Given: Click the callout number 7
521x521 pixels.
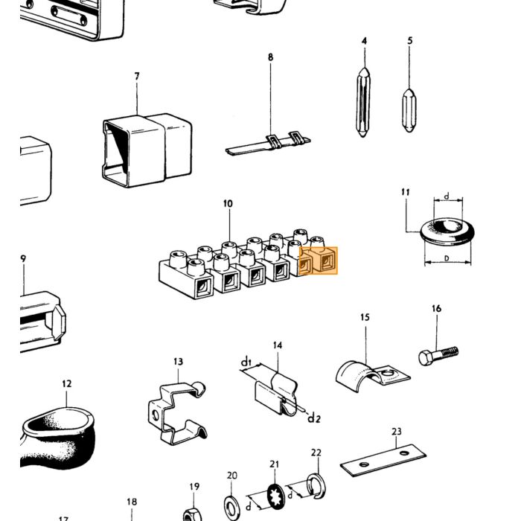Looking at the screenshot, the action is tap(137, 77).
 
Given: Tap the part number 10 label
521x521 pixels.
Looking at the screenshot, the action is tap(228, 204).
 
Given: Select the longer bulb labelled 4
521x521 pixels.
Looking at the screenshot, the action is tap(363, 102).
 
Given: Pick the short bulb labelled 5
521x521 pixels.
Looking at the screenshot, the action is tap(409, 110).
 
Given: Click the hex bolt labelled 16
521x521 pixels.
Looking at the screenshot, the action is tap(438, 355).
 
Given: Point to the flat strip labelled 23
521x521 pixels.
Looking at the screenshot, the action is tap(383, 460).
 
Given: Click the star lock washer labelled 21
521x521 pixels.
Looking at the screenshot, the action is tap(275, 496).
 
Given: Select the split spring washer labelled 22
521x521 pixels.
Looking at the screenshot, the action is tap(316, 487).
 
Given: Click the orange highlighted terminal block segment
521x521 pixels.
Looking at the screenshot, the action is tap(318, 260).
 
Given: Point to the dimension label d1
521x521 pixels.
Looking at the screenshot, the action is tap(246, 362).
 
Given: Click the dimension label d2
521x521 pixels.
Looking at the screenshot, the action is tap(313, 418).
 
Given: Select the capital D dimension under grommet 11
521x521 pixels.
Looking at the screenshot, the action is tap(447, 258).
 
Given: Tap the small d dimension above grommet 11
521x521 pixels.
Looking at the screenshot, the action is tap(447, 196).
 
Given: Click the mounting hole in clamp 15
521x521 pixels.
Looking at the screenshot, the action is tap(387, 373).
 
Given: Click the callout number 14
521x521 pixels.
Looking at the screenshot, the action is tap(278, 345).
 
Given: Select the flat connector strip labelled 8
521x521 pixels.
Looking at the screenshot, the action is tap(268, 145).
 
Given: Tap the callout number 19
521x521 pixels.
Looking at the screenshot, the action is tap(194, 487).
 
